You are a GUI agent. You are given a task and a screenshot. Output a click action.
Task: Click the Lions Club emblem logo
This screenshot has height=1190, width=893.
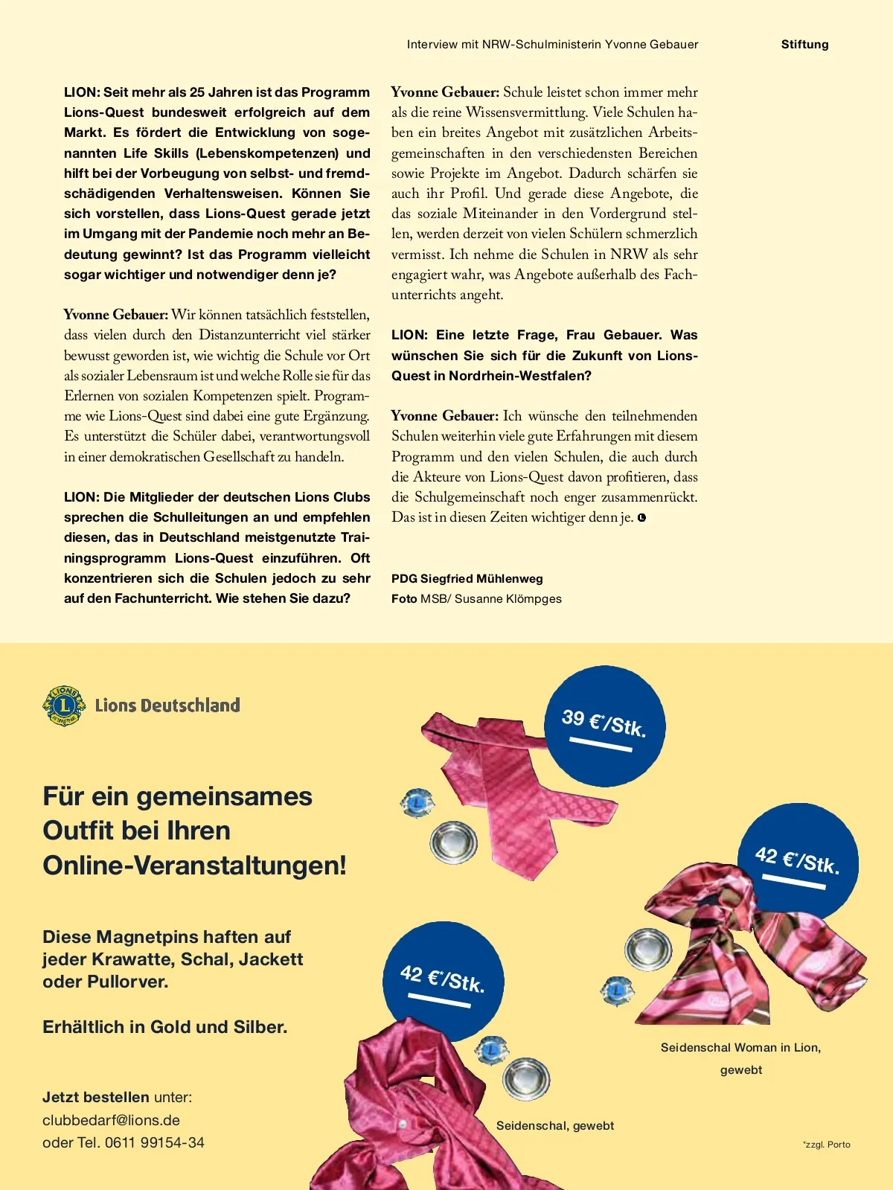[64, 706]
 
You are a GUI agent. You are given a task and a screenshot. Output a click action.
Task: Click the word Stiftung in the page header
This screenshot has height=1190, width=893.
[804, 45]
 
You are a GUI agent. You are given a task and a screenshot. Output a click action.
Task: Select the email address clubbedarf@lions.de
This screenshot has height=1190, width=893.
[111, 1120]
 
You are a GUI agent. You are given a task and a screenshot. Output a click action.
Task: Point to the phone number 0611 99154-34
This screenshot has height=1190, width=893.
[154, 1142]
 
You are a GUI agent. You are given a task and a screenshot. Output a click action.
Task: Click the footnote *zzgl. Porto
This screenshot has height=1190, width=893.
[826, 1145]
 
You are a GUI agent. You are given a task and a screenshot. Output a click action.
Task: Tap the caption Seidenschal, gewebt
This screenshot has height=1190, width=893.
[555, 1125]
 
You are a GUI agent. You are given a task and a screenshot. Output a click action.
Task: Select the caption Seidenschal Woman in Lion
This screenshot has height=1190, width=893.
[740, 1048]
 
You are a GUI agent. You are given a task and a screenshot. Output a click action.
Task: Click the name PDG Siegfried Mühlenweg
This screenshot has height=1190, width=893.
[467, 579]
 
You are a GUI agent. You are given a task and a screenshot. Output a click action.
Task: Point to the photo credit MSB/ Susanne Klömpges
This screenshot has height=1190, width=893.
[490, 599]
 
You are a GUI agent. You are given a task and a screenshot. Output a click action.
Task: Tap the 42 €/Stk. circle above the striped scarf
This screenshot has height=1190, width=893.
[798, 862]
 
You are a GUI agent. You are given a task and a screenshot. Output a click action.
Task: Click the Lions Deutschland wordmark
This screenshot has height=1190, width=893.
[167, 706]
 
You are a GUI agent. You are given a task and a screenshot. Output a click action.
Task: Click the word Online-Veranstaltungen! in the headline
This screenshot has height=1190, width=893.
[195, 866]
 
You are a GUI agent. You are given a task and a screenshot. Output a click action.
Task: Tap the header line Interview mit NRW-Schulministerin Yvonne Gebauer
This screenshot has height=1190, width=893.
[552, 45]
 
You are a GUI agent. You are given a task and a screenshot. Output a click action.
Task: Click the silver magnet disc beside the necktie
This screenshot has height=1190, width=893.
[453, 842]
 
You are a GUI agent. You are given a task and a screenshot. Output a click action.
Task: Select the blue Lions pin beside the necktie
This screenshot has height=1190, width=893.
[417, 803]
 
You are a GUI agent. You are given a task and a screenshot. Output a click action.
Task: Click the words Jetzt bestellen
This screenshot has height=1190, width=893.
[96, 1097]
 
